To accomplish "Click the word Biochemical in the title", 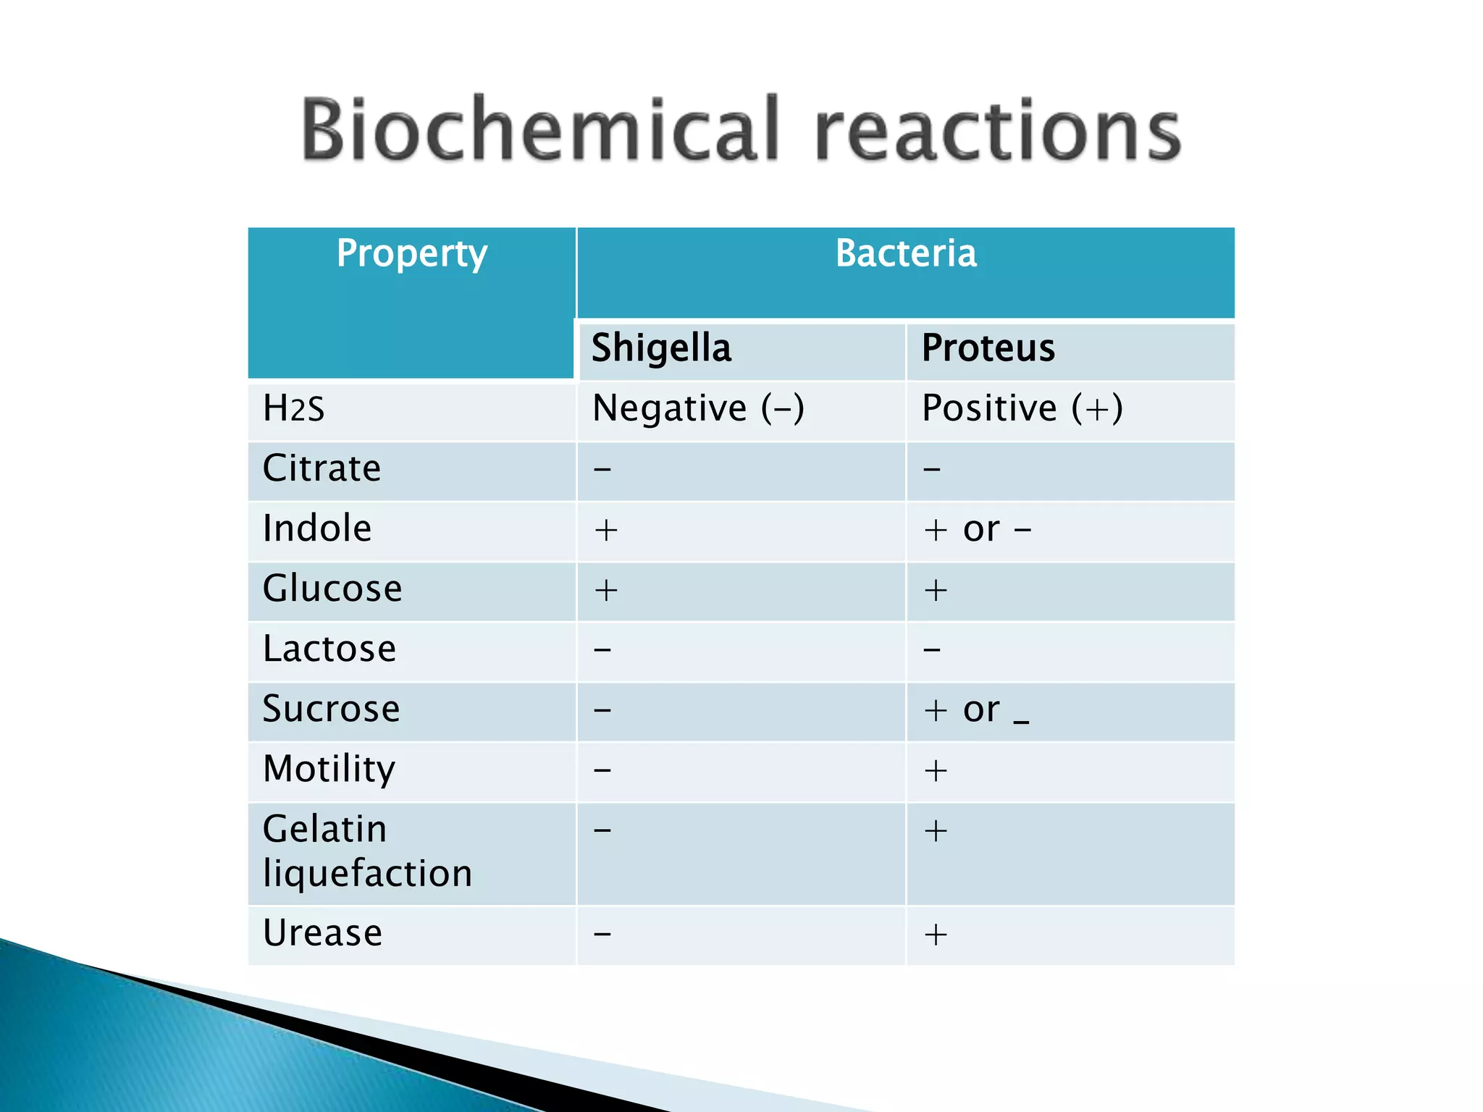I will [539, 130].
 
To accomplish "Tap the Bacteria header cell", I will [905, 253].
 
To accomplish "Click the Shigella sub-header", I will [661, 348].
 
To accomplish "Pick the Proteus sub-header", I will [988, 348].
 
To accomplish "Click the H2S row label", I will [293, 408].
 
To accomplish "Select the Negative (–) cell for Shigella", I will [698, 408].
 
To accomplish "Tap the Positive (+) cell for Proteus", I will [1022, 408].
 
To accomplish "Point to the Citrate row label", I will [322, 468].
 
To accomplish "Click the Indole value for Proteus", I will [977, 529].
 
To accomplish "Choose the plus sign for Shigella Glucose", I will [605, 590].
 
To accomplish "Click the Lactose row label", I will [329, 649].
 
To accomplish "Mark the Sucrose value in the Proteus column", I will [975, 710].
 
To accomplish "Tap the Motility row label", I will [329, 769].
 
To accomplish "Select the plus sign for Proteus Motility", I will [936, 770].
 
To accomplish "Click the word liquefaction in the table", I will [367, 873].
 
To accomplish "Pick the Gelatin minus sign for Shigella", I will [602, 830].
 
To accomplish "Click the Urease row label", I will [322, 933].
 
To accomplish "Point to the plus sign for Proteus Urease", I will [936, 935].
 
